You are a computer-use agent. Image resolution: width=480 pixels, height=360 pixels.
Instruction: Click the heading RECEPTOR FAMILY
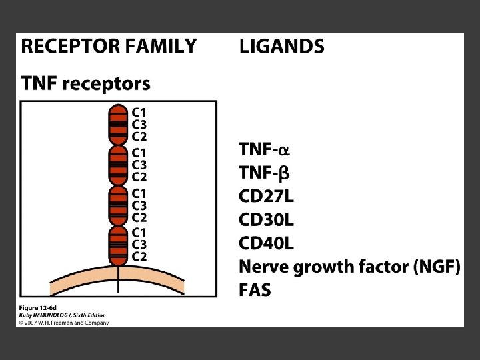click(109, 47)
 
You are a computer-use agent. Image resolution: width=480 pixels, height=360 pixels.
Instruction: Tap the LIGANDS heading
click(281, 47)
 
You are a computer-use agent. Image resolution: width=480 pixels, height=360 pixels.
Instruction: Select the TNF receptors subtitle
click(86, 84)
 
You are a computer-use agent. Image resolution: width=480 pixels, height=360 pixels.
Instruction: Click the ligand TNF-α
click(265, 150)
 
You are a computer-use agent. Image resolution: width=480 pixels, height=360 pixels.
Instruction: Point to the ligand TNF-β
click(265, 173)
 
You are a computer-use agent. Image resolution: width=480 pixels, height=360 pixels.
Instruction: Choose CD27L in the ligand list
click(267, 197)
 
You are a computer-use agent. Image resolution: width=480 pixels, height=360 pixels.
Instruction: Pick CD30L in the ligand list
click(267, 220)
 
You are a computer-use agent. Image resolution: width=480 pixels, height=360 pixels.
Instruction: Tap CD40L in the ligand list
click(267, 243)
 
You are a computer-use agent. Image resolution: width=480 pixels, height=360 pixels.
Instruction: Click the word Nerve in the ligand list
click(263, 267)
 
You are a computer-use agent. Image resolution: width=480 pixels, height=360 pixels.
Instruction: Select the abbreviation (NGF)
click(436, 267)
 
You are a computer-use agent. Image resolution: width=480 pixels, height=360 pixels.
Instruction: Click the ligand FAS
click(255, 290)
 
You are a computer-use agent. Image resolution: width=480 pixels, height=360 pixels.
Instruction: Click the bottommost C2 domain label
click(139, 257)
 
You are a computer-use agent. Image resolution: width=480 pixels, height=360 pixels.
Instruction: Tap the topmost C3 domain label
click(139, 125)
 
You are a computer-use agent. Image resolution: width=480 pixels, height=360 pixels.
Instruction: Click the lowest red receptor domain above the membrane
click(118, 245)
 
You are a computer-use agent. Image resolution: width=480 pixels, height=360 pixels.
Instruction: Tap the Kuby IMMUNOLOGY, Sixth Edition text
click(61, 315)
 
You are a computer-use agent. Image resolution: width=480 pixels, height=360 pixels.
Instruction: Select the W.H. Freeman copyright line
click(63, 322)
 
